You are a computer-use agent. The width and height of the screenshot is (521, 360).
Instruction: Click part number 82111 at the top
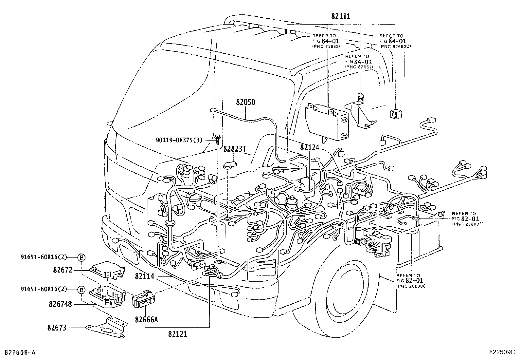(340, 17)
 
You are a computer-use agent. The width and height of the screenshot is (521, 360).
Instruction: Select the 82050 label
(245, 102)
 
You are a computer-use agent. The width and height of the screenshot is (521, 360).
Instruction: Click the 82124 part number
(309, 147)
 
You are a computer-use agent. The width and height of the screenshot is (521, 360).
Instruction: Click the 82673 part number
(58, 327)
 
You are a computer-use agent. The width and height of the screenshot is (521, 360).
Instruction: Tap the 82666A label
(146, 319)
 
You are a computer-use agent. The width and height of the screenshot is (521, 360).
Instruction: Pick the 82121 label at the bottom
(178, 335)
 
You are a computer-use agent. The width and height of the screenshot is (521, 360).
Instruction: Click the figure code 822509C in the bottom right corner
(502, 352)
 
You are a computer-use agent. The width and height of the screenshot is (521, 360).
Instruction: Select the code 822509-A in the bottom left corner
(19, 352)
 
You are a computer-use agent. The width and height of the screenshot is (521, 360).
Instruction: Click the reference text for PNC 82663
(326, 41)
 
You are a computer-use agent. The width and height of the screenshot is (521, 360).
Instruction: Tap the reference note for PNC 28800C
(412, 281)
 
